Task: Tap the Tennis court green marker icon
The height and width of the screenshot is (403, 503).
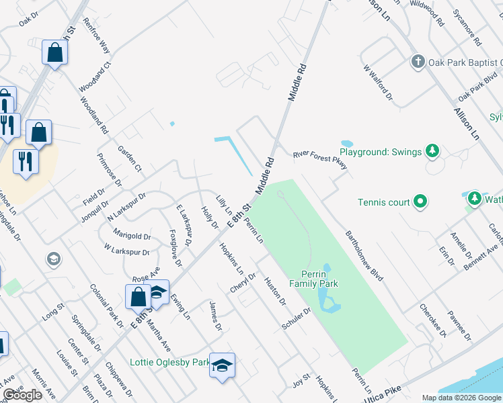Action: point(420,201)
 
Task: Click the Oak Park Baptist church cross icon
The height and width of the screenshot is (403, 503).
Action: point(418,62)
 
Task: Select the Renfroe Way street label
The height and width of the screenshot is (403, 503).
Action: point(96,36)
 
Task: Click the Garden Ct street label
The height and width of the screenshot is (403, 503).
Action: point(129,159)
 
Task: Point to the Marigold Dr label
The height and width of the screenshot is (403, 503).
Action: point(131,236)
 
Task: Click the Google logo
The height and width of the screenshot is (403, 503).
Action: point(22,395)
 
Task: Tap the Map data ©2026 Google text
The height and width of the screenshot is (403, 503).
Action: point(461,397)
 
